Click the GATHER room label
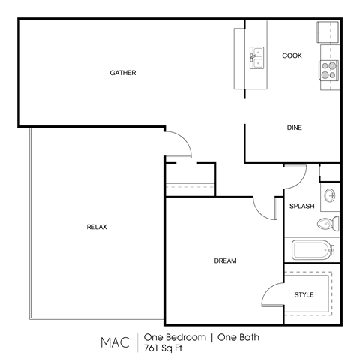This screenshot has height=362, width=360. click(122, 73)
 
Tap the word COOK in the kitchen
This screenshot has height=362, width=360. click(292, 56)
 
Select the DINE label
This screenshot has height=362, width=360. click(294, 128)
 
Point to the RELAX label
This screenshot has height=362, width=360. click(97, 227)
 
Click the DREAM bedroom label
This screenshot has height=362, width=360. click(225, 261)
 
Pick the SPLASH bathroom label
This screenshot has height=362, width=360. click(301, 206)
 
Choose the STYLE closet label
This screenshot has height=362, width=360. click(304, 294)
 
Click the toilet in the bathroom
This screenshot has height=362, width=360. click(327, 224)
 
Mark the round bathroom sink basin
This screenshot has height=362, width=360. click(329, 197)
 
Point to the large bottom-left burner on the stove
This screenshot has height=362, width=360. click(326, 74)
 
